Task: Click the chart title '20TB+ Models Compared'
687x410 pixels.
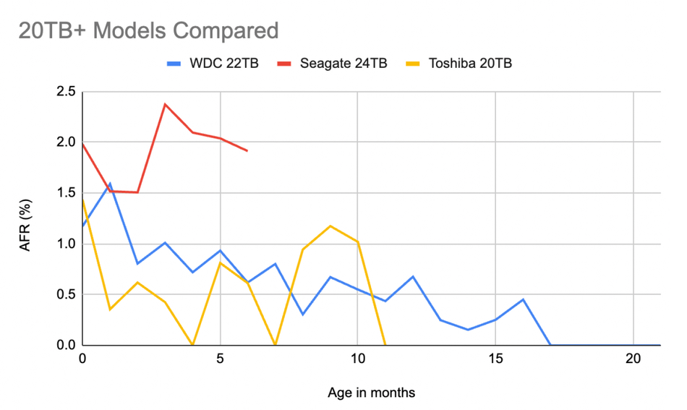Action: point(148,30)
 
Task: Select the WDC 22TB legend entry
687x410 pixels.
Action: point(213,64)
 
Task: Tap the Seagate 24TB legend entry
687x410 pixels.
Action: point(332,64)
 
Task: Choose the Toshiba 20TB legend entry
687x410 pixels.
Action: point(458,64)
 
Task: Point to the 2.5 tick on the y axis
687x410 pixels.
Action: point(66,92)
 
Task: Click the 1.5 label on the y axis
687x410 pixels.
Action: point(66,193)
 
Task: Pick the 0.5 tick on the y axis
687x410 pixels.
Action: point(66,294)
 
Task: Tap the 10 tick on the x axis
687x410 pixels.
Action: point(357,359)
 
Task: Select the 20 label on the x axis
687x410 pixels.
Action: point(633,359)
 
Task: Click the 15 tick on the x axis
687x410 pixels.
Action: point(495,359)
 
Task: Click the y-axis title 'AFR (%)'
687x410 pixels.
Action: point(25,225)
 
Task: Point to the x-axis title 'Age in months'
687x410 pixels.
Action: point(371,393)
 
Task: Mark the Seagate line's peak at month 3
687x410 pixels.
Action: point(165,104)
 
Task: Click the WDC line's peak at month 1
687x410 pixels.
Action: point(110,183)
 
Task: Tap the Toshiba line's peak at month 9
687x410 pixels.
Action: point(330,226)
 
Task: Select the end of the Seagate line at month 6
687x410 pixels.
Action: point(247,150)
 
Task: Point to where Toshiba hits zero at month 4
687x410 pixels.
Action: point(192,345)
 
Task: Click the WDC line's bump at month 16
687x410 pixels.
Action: point(523,299)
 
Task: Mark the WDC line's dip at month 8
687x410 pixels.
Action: point(303,315)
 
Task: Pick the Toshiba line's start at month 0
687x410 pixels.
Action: point(83,200)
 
